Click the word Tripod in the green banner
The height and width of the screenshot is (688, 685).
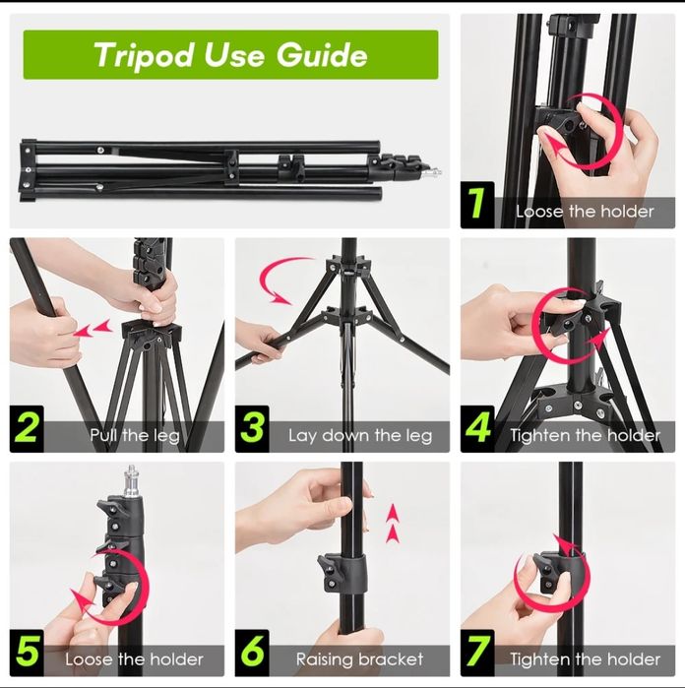pyautogui.click(x=144, y=55)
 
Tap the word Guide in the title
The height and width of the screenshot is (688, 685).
pyautogui.click(x=322, y=55)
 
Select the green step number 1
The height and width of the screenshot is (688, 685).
pyautogui.click(x=476, y=203)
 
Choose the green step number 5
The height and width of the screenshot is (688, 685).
pyautogui.click(x=28, y=652)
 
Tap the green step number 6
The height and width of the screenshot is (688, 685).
pyautogui.click(x=252, y=652)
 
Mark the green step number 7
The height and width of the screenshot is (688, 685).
pyautogui.click(x=478, y=652)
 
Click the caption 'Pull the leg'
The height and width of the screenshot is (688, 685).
pyautogui.click(x=135, y=436)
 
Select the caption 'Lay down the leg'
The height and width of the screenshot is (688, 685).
pyautogui.click(x=360, y=436)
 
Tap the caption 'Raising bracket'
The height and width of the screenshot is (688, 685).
pyautogui.click(x=359, y=659)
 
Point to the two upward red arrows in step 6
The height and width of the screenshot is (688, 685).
pyautogui.click(x=393, y=524)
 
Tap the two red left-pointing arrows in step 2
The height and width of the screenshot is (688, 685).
pyautogui.click(x=93, y=329)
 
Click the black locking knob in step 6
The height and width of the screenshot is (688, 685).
pyautogui.click(x=326, y=572)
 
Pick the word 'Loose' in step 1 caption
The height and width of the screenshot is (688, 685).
pyautogui.click(x=539, y=212)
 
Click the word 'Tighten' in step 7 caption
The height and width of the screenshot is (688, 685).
pyautogui.click(x=539, y=659)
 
